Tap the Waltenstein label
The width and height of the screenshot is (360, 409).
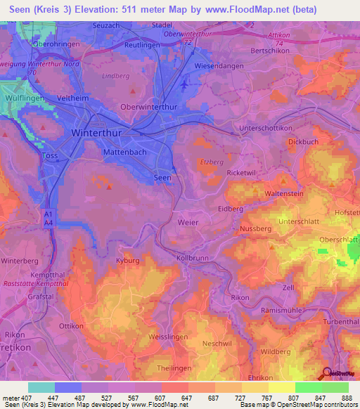[283, 193]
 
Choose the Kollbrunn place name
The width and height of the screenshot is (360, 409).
[194, 259]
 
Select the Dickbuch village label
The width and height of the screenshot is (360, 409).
[303, 141]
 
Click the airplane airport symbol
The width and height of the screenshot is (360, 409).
[184, 84]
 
